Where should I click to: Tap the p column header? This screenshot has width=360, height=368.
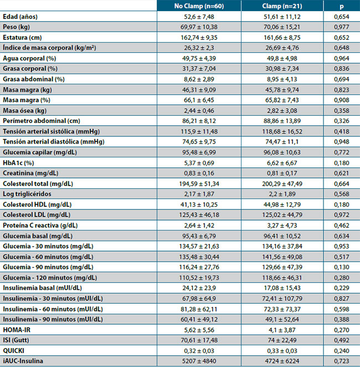[342, 6]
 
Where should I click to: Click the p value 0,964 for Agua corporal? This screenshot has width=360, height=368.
[342, 58]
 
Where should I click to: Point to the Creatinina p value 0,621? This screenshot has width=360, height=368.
[342, 172]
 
